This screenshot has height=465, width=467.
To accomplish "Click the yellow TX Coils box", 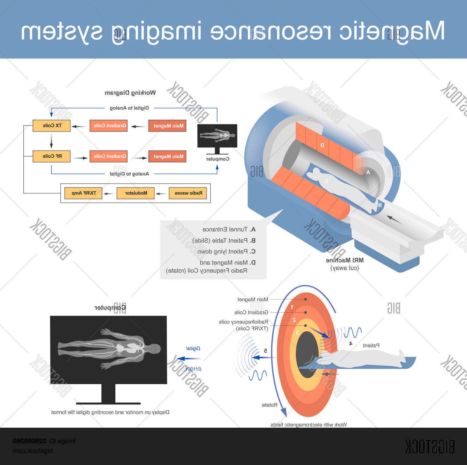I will pyautogui.click(x=51, y=126).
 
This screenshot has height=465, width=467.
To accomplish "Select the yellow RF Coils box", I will pyautogui.click(x=51, y=156).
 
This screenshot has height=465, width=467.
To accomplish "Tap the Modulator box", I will pyautogui.click(x=135, y=193).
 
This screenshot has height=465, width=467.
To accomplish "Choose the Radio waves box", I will pyautogui.click(x=188, y=193).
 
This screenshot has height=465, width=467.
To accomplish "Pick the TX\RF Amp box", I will pyautogui.click(x=83, y=193).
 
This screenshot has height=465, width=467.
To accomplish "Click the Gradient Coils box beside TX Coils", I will pyautogui.click(x=108, y=126).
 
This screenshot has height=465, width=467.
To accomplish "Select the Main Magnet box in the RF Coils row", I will pyautogui.click(x=167, y=156).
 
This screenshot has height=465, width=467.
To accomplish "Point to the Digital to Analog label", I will pyautogui.click(x=129, y=108).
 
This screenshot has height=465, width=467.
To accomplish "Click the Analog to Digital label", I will pyautogui.click(x=129, y=174).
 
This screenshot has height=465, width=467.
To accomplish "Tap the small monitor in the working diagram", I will pyautogui.click(x=217, y=136).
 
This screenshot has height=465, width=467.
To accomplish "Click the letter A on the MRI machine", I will pyautogui.click(x=368, y=172).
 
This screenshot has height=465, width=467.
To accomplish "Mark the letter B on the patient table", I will pyautogui.click(x=380, y=205).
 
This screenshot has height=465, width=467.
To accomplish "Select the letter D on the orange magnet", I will pyautogui.click(x=322, y=145).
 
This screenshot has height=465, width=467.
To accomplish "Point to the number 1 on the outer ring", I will pyautogui.click(x=292, y=307).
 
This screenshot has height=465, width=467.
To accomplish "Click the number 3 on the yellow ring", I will pyautogui.click(x=297, y=333).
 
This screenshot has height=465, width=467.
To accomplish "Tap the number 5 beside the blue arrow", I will pyautogui.click(x=265, y=351).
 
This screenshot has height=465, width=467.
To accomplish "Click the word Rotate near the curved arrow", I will pyautogui.click(x=270, y=405).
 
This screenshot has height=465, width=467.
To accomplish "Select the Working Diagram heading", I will pyautogui.click(x=130, y=93).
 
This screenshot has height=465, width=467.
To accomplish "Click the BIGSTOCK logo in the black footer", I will pyautogui.click(x=430, y=447).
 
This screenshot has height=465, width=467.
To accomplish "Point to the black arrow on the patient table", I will pyautogui.click(x=395, y=220).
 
